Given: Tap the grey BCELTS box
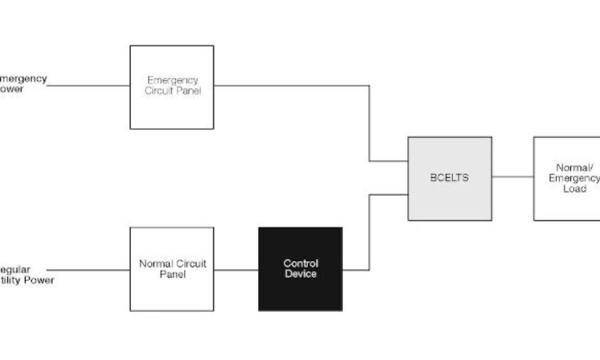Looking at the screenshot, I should [449, 200].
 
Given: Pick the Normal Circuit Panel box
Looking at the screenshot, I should [171, 295].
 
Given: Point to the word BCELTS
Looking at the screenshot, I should [449, 177].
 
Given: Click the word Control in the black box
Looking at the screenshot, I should [300, 263].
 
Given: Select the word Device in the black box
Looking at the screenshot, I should [300, 274].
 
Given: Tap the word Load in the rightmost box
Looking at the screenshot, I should [574, 189].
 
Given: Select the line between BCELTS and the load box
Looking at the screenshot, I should [512, 176].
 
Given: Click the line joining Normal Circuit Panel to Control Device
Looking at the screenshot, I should [236, 270].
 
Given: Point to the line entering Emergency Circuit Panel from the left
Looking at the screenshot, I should [88, 85].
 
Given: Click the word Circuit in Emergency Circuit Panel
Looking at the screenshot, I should [158, 91].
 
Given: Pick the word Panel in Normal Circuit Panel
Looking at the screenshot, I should [172, 274].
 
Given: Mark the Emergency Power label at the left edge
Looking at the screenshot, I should [22, 84].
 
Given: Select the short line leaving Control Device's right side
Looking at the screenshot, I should [356, 270].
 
